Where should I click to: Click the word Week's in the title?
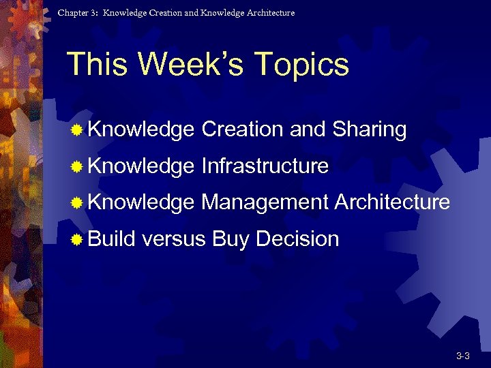(x=194, y=65)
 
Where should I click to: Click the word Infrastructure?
(x=265, y=166)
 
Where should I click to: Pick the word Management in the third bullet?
(x=265, y=202)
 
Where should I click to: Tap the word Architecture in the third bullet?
(x=392, y=202)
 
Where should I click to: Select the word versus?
(x=175, y=239)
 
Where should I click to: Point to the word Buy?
(x=231, y=240)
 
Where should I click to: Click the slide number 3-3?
(x=463, y=356)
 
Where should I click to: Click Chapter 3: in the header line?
(x=76, y=13)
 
